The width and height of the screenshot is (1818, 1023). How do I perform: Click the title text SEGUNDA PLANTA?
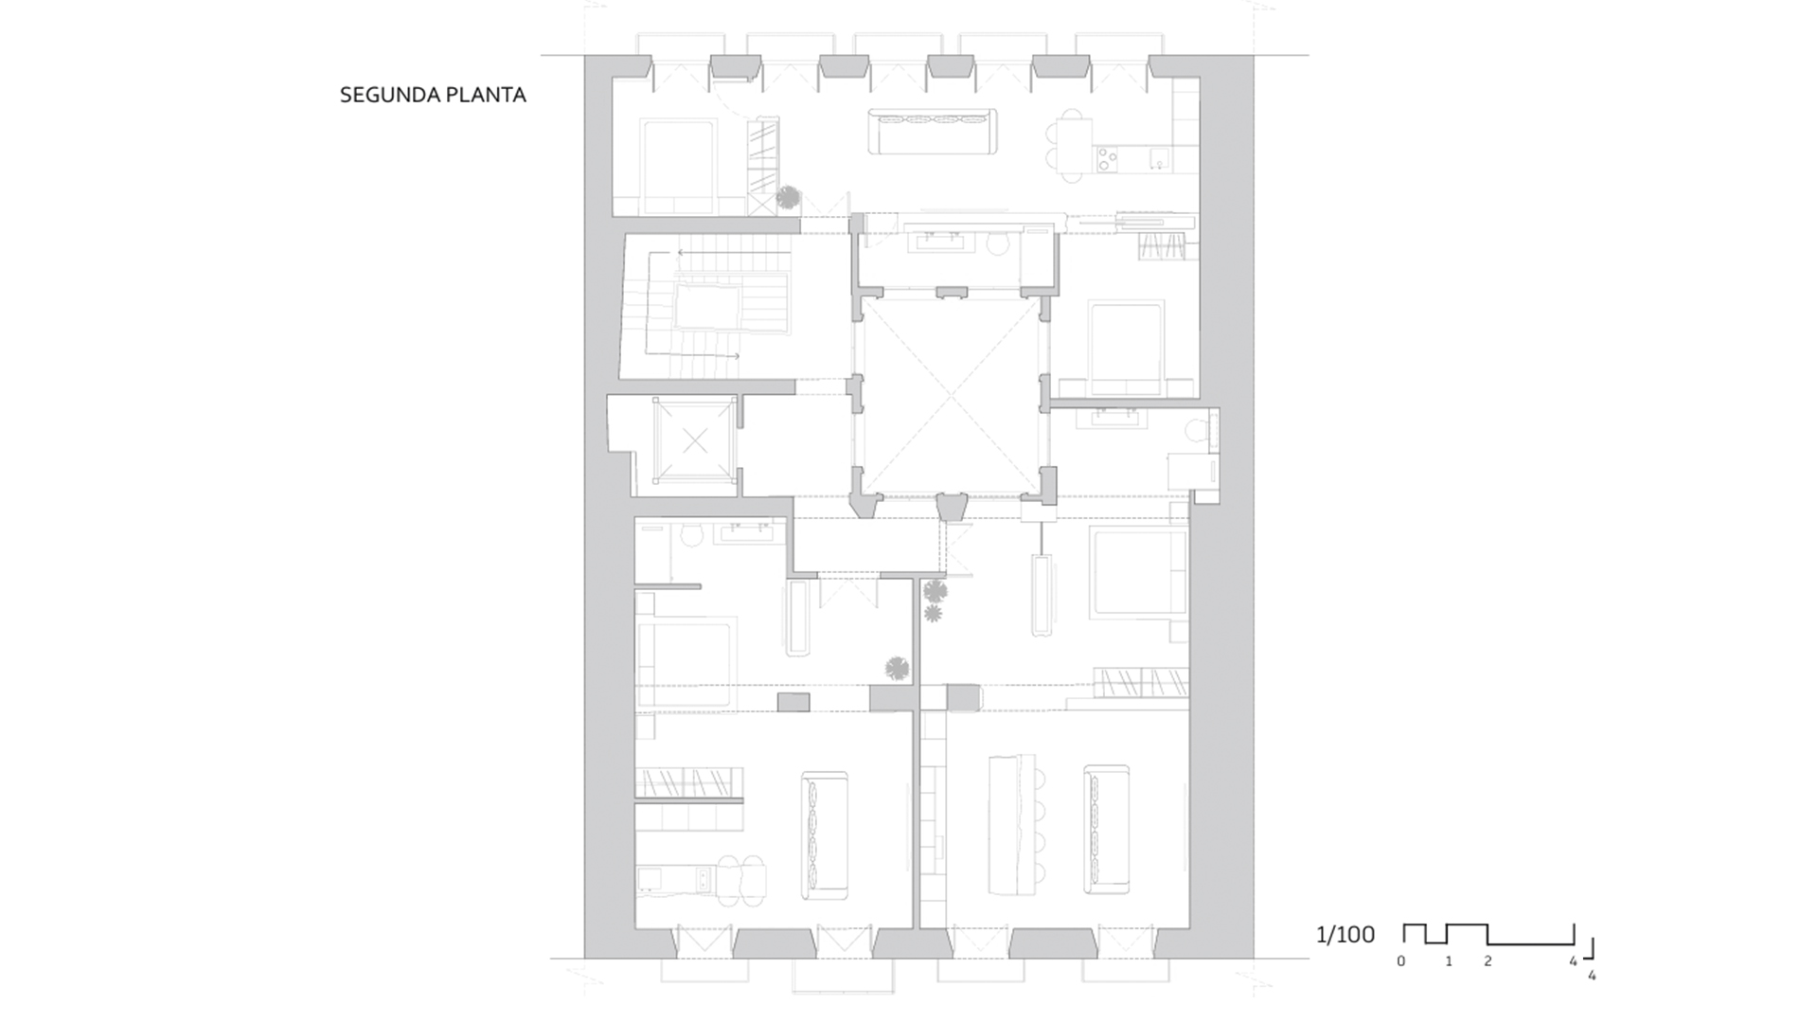click(x=433, y=95)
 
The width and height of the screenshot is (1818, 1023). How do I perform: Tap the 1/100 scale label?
click(x=1345, y=935)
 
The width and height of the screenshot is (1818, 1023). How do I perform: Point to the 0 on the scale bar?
click(x=1401, y=961)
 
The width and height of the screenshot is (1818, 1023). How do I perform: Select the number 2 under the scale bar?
click(x=1488, y=961)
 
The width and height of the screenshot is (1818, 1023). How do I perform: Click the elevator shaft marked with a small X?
click(x=695, y=440)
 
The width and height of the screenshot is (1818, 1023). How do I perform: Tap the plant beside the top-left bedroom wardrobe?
click(x=788, y=197)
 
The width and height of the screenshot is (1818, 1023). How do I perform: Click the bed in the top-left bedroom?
click(x=678, y=167)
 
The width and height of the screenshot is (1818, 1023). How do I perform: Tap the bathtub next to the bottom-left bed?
click(x=797, y=618)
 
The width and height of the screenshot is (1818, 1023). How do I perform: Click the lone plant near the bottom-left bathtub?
click(x=897, y=669)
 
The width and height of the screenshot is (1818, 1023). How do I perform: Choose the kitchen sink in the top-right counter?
click(x=1158, y=159)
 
